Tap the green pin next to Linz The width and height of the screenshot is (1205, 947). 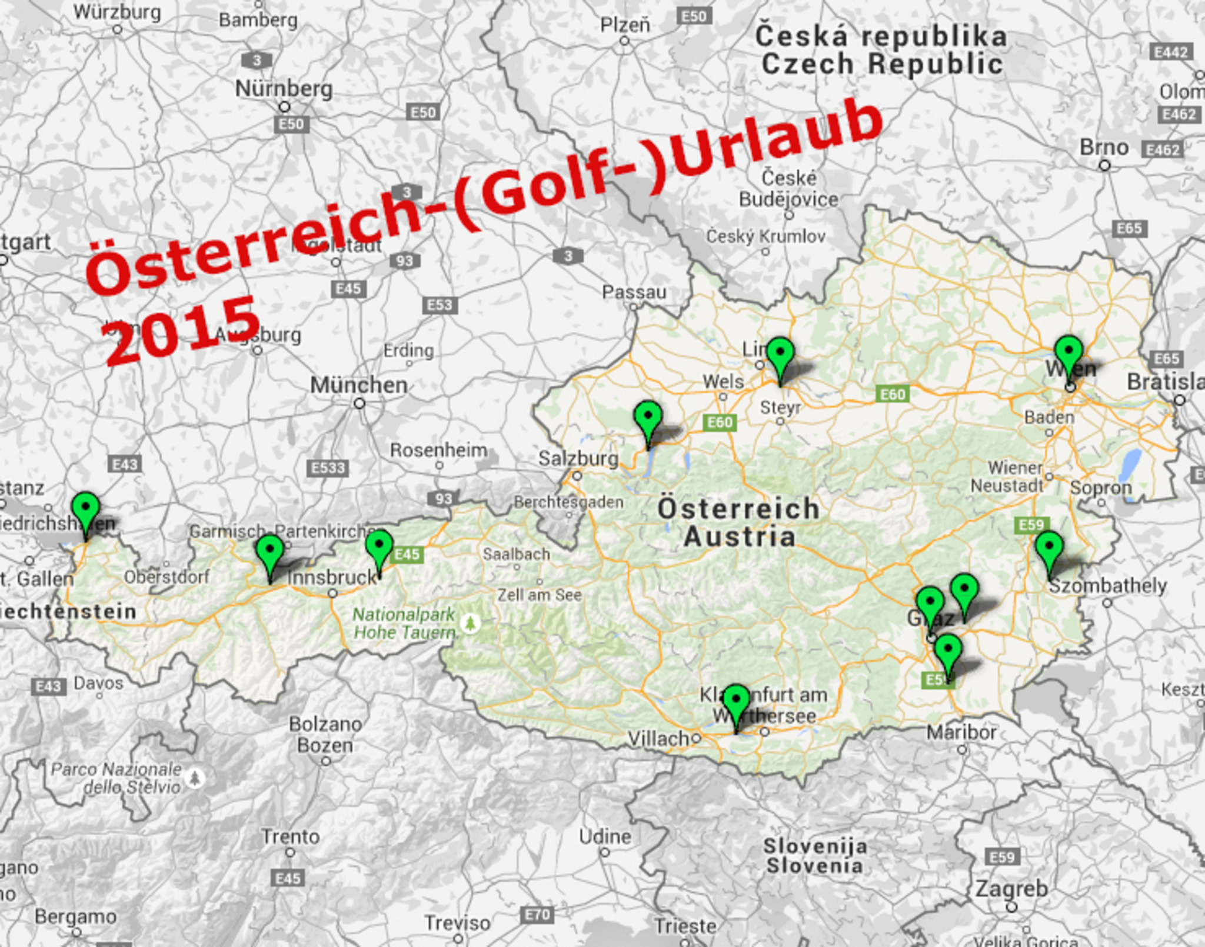pos(780,354)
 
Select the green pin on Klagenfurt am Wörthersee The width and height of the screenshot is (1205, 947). pos(735,701)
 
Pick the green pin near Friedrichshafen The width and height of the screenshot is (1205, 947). pos(86,509)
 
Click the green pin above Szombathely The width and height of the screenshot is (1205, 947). pos(1049,548)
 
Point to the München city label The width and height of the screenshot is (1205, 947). pos(359,386)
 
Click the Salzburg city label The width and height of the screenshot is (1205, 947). pos(578,458)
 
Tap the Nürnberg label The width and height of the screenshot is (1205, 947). pos(284,89)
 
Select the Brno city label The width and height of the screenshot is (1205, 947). pos(1104,148)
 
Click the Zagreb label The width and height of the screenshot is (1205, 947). pos(1011,889)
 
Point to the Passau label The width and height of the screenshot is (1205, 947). pos(634,292)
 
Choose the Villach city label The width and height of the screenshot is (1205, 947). pos(658,738)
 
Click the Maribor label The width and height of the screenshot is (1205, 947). pos(961,732)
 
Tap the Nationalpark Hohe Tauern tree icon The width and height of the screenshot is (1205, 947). pos(470,622)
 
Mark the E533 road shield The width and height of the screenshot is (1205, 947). pos(328,468)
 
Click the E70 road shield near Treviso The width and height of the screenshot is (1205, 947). pos(537,915)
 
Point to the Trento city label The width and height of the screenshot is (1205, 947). pos(291,836)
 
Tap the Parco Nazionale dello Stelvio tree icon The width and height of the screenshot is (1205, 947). pos(195,778)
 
